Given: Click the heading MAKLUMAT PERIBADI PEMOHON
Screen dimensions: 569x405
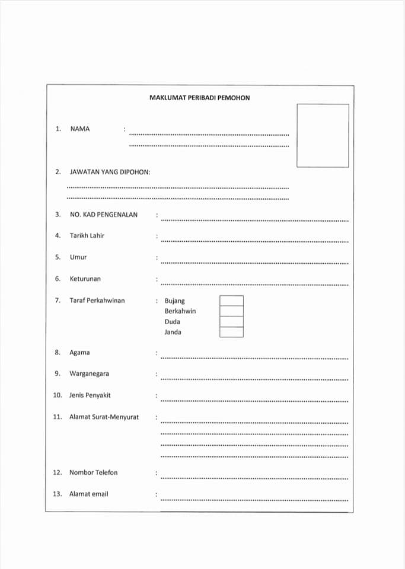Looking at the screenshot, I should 200,98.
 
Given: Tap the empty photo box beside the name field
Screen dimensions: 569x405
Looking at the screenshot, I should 323,136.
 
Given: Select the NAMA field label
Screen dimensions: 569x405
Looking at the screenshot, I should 80,129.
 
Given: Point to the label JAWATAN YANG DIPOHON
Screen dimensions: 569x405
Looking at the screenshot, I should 110,172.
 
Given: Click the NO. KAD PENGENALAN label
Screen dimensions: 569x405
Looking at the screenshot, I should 103,215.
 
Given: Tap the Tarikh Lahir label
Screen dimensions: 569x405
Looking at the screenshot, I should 87,235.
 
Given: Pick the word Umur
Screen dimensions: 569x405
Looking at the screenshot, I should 78,257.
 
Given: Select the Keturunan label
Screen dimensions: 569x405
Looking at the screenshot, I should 85,279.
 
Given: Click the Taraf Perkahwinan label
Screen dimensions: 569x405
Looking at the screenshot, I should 97,301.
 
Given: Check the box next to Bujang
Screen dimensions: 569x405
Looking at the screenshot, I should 231,301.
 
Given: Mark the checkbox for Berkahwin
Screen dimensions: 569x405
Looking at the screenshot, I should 231,311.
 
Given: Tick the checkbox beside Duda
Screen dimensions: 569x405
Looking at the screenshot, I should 231,321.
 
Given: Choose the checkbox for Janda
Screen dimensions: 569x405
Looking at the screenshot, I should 231,332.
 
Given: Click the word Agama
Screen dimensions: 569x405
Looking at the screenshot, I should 79,353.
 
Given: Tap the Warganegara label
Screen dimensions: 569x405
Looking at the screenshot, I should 89,374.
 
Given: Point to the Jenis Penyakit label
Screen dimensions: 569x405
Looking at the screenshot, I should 90,395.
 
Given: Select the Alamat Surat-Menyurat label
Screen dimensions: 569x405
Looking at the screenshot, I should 104,417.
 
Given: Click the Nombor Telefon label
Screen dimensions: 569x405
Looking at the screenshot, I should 93,472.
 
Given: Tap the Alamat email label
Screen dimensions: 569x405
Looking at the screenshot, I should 88,494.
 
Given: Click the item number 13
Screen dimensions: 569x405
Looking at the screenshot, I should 58,494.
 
